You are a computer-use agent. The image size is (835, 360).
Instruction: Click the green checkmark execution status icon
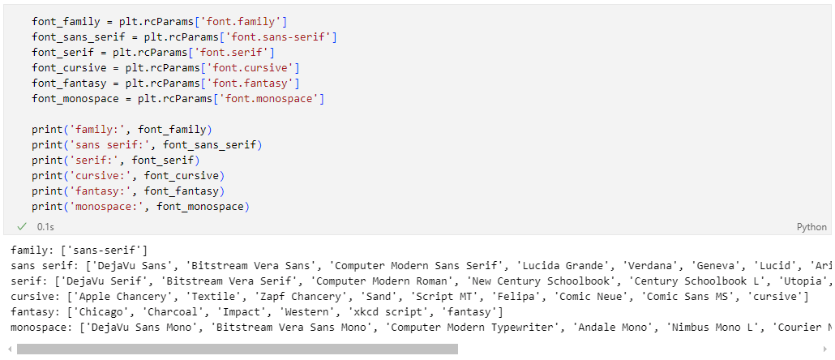(22, 227)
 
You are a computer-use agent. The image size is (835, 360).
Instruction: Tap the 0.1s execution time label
(45, 227)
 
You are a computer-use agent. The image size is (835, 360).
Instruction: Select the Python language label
(811, 227)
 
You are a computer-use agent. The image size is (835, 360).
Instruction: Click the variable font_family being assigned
(66, 20)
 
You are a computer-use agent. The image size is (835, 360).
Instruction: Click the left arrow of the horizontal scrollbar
(9, 349)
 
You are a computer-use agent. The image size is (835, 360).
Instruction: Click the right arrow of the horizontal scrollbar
(826, 349)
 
